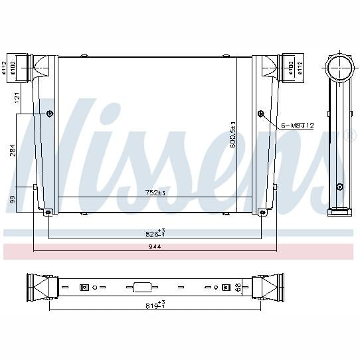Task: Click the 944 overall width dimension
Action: click(155, 247)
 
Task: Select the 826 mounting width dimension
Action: click(155, 233)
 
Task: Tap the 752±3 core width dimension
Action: click(155, 193)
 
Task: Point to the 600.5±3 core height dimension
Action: click(233, 135)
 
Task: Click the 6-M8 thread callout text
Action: click(298, 126)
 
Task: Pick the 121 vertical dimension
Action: click(17, 98)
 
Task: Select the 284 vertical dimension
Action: click(13, 150)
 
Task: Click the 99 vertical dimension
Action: click(13, 199)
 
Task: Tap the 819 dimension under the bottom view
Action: click(155, 305)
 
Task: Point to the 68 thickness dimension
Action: click(238, 287)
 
